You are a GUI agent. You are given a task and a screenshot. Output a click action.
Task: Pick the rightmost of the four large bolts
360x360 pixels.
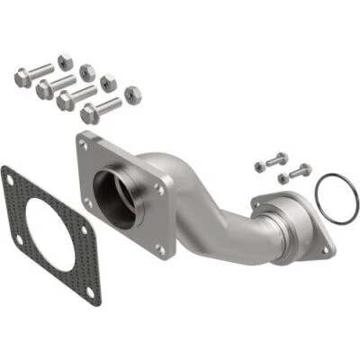pyautogui.click(x=99, y=111)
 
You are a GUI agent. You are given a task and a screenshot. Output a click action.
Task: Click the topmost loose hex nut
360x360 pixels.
pyautogui.click(x=65, y=59)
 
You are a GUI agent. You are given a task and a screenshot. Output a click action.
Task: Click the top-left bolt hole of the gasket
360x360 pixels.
pyautogui.click(x=11, y=177)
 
